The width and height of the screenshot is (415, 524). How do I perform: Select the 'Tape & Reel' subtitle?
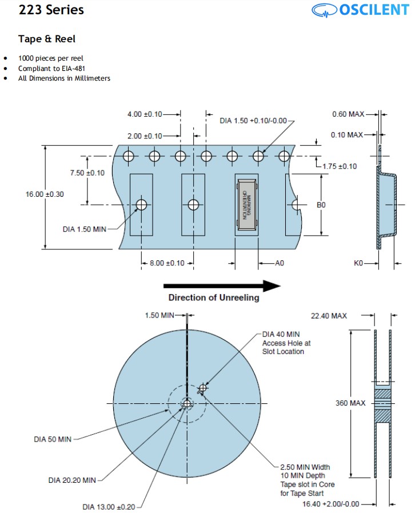(47, 39)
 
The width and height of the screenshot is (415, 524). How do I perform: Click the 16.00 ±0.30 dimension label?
(45, 194)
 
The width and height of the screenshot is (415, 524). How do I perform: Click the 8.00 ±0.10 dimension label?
(167, 263)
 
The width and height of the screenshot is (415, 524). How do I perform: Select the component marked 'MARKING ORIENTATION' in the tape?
(246, 204)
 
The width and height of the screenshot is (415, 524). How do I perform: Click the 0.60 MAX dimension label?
(348, 114)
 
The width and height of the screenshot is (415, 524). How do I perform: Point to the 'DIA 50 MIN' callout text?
(53, 439)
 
